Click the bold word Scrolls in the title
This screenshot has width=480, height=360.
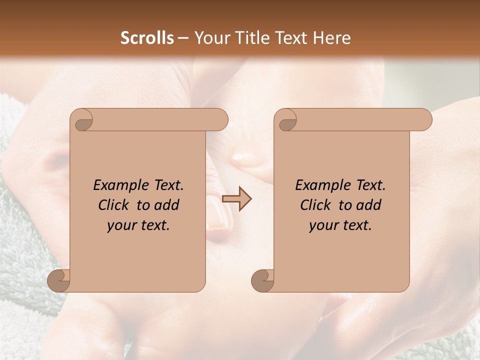click(x=147, y=38)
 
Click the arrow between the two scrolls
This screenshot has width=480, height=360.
click(x=237, y=199)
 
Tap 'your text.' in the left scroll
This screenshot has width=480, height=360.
click(x=138, y=225)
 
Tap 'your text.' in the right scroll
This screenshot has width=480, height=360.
click(x=340, y=225)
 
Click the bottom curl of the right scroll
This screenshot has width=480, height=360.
click(x=262, y=280)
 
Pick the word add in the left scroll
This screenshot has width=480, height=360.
click(x=167, y=205)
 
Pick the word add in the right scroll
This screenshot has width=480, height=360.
click(x=369, y=205)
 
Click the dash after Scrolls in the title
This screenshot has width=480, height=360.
click(x=183, y=38)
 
